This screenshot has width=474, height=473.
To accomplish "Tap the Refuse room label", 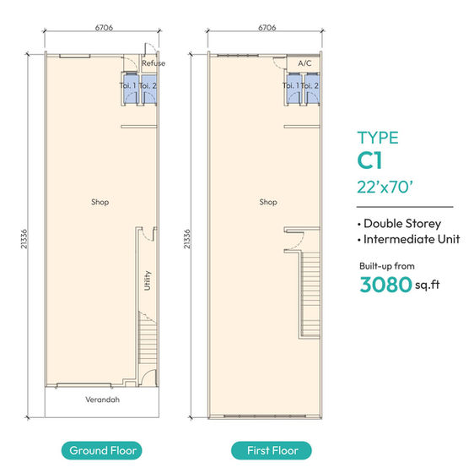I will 154,63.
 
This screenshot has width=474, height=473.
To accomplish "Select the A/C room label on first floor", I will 305,63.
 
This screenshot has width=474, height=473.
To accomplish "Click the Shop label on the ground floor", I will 100,202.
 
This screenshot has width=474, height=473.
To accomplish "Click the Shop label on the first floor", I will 268,202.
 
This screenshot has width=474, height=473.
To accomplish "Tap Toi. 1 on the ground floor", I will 127,85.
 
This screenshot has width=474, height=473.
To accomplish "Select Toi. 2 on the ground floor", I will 148,85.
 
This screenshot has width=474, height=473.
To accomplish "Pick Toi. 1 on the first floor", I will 290,85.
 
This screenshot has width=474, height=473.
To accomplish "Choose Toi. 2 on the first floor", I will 310,85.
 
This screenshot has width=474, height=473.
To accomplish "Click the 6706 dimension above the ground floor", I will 105,27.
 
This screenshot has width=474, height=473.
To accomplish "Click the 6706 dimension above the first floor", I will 266,27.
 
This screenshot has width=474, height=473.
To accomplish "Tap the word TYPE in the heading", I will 377,139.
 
